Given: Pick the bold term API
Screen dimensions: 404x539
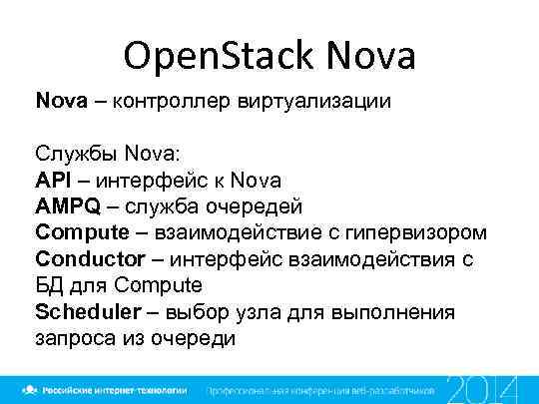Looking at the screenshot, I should (x=52, y=180).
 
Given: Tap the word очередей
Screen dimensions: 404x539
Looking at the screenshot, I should (x=254, y=205).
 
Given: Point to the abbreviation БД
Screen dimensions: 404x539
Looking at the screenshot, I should (x=49, y=284).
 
